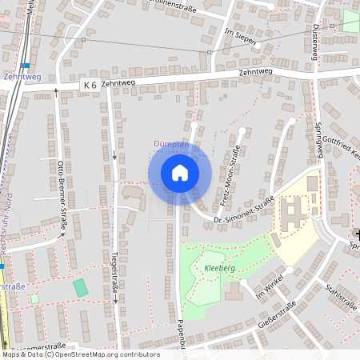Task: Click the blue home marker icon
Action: click(x=180, y=173)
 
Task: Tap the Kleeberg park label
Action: click(x=218, y=270)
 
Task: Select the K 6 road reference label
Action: click(x=89, y=85)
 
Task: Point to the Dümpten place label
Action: click(x=170, y=145)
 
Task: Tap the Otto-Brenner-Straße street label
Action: click(x=61, y=195)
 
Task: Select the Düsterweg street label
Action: click(x=314, y=38)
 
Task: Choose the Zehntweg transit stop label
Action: click(x=21, y=77)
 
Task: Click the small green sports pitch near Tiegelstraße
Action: click(x=81, y=286)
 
